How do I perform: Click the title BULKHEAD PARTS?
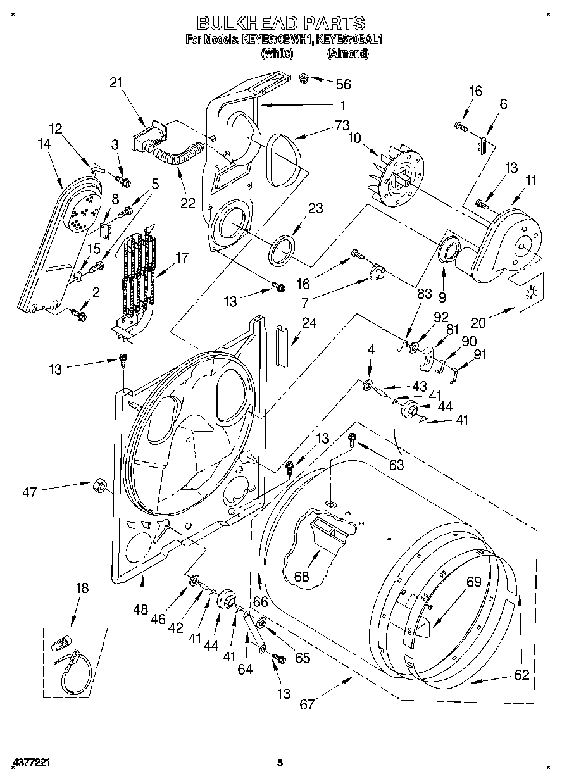[281, 23]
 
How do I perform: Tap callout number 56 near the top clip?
[344, 84]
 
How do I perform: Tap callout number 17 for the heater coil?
[182, 258]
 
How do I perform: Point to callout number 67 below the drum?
[307, 704]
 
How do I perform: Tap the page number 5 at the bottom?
[279, 763]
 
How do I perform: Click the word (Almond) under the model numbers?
[347, 54]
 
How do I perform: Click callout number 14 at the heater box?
[44, 144]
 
